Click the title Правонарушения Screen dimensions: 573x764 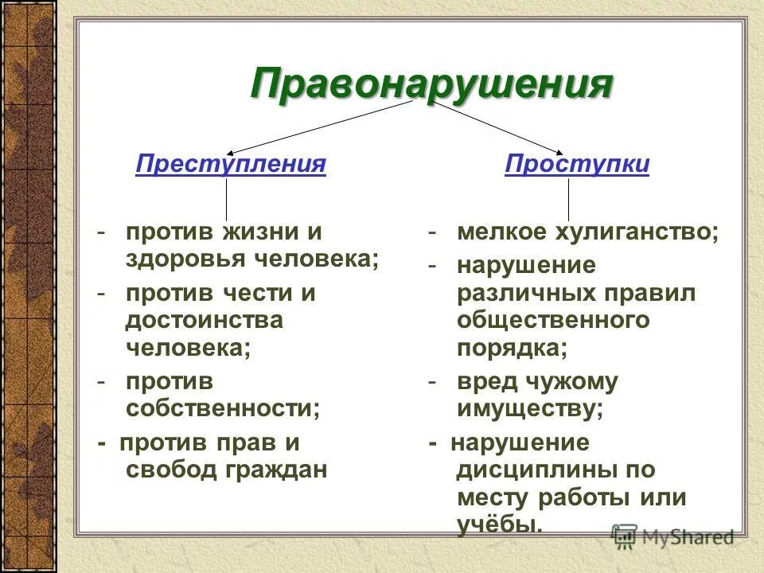(431, 83)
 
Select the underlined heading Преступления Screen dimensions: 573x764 (231, 164)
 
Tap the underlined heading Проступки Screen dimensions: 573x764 (577, 164)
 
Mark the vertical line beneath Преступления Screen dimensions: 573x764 (226, 199)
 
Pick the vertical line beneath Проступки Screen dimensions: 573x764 (568, 199)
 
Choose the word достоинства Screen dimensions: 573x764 (204, 320)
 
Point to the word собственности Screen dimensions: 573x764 (223, 408)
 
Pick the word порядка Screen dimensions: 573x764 (512, 348)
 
